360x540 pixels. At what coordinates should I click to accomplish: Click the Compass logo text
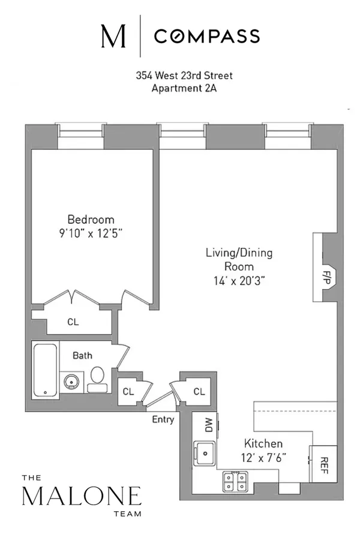tap(207, 37)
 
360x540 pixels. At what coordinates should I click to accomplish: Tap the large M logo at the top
tap(113, 37)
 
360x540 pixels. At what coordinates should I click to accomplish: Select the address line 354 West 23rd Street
tap(182, 76)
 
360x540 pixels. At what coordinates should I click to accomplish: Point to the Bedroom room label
tap(91, 220)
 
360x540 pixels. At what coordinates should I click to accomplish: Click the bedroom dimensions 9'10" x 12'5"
tap(91, 233)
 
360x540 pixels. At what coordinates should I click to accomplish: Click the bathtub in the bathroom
tap(44, 370)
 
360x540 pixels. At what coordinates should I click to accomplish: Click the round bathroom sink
tap(71, 381)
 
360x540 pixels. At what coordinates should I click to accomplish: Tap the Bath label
tap(82, 356)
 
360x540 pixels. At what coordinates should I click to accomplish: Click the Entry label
tap(163, 419)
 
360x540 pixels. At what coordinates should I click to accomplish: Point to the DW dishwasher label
tap(209, 426)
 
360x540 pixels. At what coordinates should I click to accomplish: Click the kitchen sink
tap(206, 451)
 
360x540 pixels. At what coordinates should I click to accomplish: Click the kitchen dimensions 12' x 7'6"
tap(264, 457)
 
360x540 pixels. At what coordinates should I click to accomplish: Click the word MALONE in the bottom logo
tap(82, 497)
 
